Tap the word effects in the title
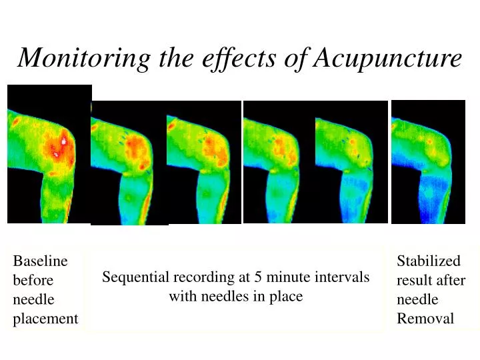[x=235, y=59]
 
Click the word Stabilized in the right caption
[x=429, y=261]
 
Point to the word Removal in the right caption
[x=425, y=319]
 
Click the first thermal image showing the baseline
[x=49, y=153]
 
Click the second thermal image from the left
[x=129, y=163]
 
